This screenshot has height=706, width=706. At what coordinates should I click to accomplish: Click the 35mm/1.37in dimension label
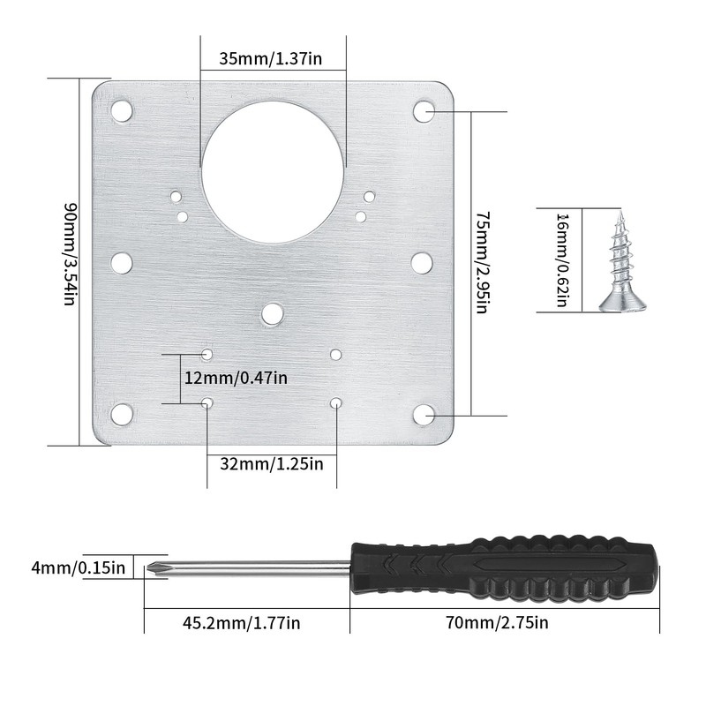[x=271, y=58]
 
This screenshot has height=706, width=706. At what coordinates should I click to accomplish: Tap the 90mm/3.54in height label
[x=71, y=254]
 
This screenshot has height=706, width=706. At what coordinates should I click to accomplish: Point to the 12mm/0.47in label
[x=236, y=378]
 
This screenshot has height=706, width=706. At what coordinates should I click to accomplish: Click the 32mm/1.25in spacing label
[x=272, y=464]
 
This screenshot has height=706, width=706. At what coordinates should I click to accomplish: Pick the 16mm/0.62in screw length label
[x=562, y=260]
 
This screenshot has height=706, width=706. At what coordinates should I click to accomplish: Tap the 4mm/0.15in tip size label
[x=78, y=567]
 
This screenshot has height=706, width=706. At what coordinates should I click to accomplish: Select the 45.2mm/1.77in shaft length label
[x=241, y=623]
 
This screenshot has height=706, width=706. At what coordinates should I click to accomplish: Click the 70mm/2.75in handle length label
[x=497, y=623]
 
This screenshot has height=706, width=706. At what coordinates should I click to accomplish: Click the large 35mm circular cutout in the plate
[x=273, y=172]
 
